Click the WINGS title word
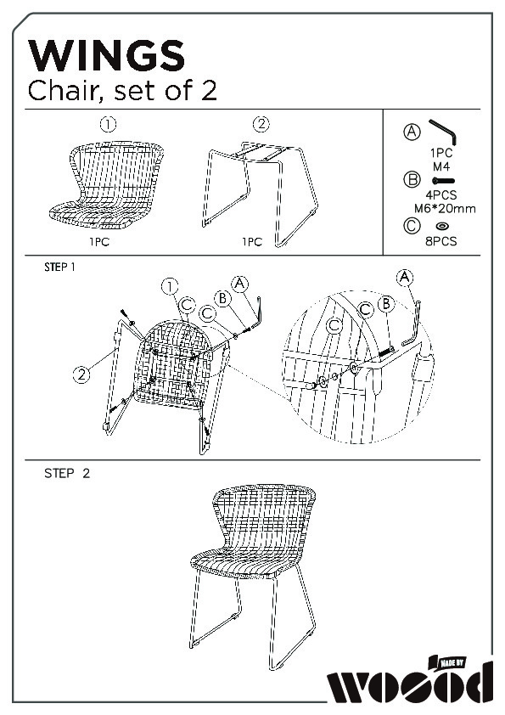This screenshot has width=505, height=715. pos(107,55)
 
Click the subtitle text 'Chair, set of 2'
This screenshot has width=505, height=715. pos(122,90)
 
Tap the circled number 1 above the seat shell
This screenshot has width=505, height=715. pos(108,124)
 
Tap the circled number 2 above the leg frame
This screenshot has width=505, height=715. pos(261,124)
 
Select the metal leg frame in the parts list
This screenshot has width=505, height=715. pos(261,194)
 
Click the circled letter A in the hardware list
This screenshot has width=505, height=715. pos(412,132)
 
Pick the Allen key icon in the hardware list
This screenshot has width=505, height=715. pos(443,132)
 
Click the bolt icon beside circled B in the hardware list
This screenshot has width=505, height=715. pos(443,181)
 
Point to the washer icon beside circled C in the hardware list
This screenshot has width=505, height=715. pos(442,226)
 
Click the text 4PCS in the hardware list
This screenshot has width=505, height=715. pos(441,195)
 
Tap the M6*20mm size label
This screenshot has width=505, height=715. pos(445,209)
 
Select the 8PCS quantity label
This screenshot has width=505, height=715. pos(441,241)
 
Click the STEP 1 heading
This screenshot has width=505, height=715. pos(59,267)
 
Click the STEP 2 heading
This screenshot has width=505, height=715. pos(67,473)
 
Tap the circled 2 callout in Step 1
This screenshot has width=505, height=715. pos(81,374)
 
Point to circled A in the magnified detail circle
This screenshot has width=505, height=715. pos(405,278)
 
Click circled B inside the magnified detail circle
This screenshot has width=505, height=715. pos(386,304)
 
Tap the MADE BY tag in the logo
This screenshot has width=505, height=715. pos(452,662)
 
